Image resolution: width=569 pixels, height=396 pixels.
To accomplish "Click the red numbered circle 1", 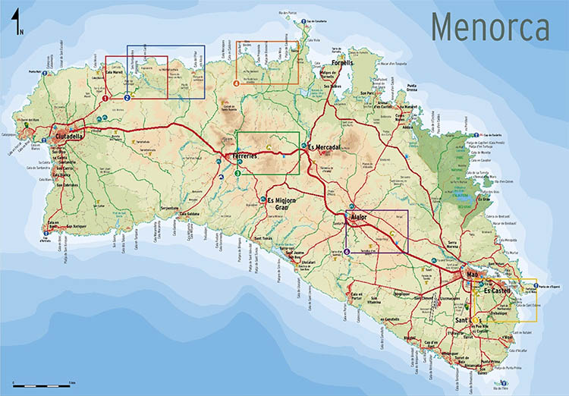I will pyautogui.click(x=105, y=97).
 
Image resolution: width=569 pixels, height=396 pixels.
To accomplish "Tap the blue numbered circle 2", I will pyautogui.click(x=127, y=97).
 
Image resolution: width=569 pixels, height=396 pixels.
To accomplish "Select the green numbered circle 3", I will pyautogui.click(x=237, y=173).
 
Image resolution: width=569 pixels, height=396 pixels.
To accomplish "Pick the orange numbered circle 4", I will pyautogui.click(x=237, y=81).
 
